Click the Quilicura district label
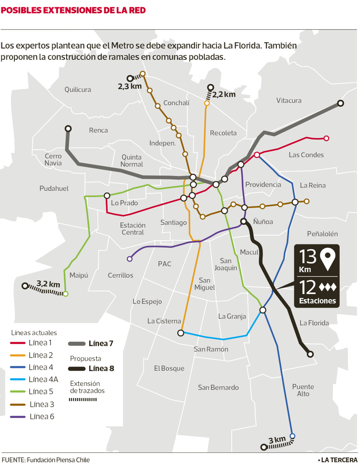[77, 90]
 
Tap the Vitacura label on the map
[288, 100]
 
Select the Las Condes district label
[306, 155]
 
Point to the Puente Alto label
[303, 390]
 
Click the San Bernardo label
[218, 387]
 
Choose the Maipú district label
[79, 275]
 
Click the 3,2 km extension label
[48, 284]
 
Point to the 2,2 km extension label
[224, 94]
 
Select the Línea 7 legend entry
[101, 344]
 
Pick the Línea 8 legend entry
[101, 369]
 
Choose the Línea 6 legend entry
[42, 416]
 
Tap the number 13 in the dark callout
[308, 257]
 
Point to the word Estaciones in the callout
[317, 301]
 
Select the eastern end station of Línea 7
[341, 103]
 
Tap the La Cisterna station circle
[180, 333]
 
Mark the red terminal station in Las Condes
[326, 138]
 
